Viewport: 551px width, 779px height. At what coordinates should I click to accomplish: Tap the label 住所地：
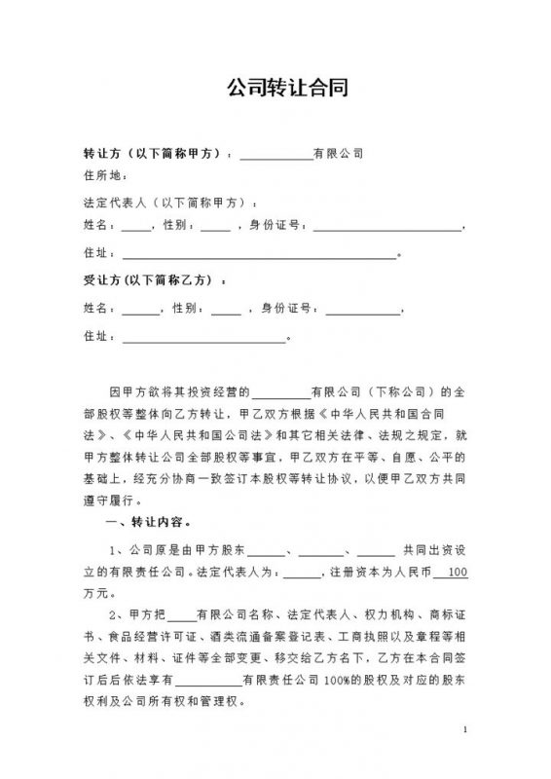[x=105, y=176]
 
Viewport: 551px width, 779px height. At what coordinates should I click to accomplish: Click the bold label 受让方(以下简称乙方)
[x=151, y=280]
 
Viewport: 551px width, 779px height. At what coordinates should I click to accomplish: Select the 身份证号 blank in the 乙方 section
[x=362, y=312]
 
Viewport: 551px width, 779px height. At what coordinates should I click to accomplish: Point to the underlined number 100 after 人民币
[x=456, y=572]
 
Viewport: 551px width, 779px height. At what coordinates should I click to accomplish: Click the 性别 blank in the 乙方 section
[x=226, y=312]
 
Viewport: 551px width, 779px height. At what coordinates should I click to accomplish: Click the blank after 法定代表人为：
[x=304, y=572]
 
